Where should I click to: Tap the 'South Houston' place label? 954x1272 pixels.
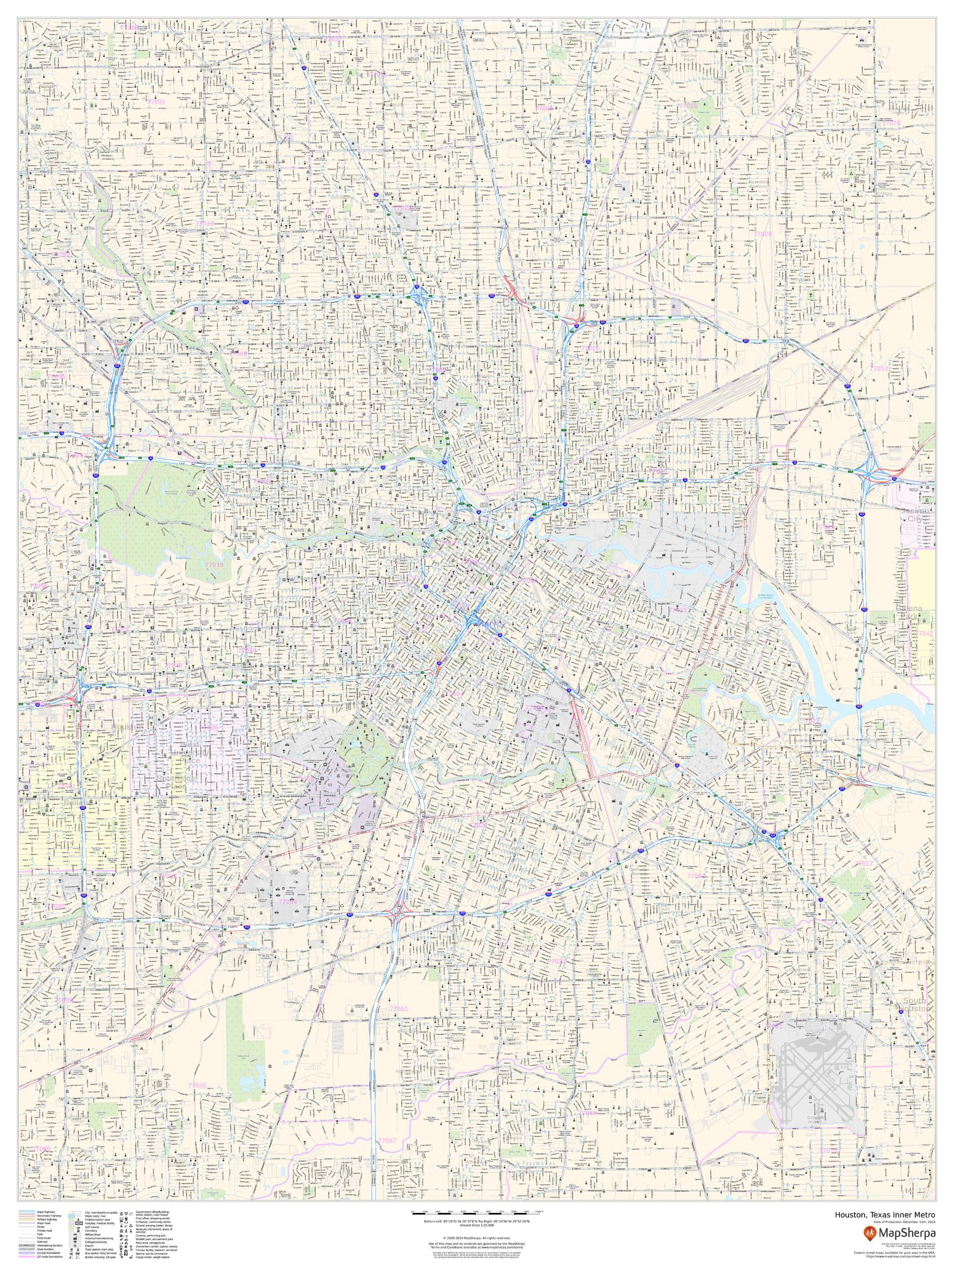[914, 1021]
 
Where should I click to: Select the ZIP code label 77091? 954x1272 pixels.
[156, 102]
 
